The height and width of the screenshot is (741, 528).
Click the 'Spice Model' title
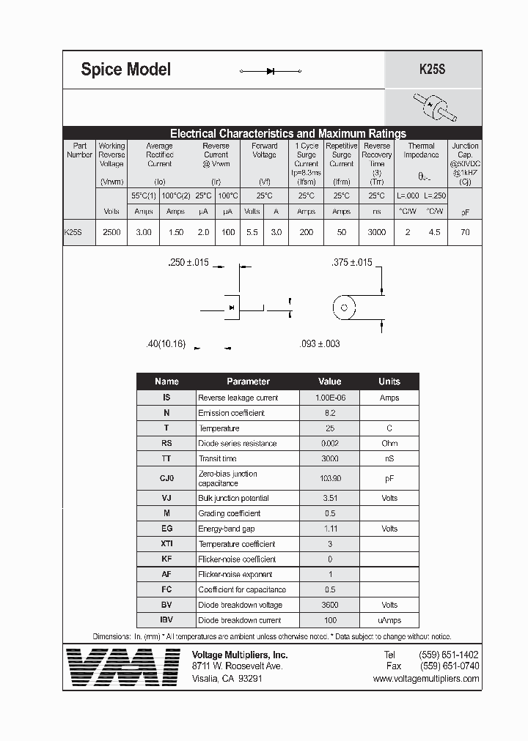pos(125,70)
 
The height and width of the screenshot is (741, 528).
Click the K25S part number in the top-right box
pos(432,70)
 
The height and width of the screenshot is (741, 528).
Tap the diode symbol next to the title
pos(271,71)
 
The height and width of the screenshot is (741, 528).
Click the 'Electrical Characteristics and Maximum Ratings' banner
pos(287,133)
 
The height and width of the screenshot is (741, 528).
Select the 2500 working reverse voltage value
pos(111,231)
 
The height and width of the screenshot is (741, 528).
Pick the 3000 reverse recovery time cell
pos(376,231)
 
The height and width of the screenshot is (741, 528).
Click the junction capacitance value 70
pos(465,231)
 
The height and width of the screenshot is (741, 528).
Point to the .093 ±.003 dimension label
pos(320,343)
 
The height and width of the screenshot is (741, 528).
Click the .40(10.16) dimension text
pos(166,343)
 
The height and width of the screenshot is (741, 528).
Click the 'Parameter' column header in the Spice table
pos(248,381)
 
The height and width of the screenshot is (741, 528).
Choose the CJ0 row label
pos(166,478)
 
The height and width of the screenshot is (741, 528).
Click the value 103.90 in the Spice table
pos(329,478)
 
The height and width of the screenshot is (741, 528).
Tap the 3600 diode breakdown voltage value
pos(329,605)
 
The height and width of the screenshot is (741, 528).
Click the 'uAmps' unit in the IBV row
pos(389,620)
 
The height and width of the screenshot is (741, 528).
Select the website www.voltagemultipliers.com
pos(425,679)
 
